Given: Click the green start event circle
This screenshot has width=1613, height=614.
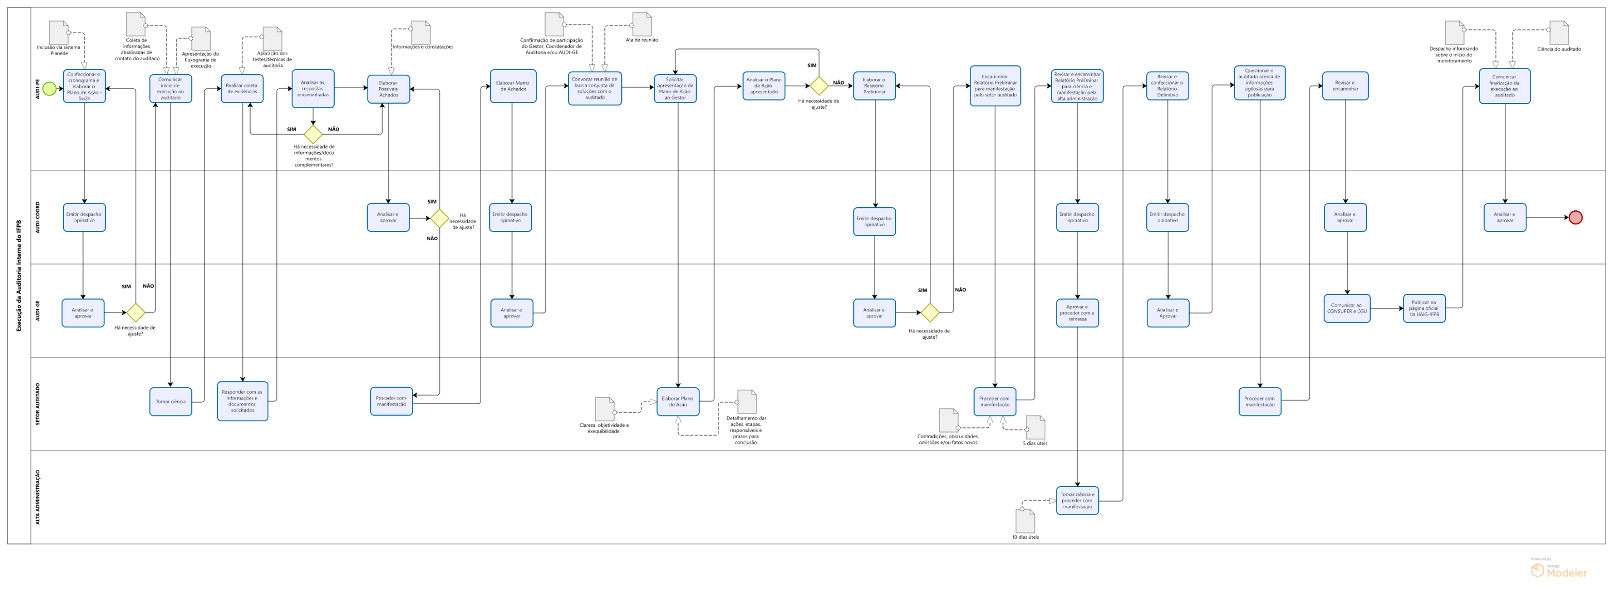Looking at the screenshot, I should click(x=50, y=89).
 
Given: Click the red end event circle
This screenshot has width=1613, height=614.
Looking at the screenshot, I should click(x=1575, y=217).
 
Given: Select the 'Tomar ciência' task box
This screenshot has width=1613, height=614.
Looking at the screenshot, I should click(x=170, y=402).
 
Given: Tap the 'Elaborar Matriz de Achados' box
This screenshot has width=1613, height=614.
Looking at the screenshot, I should click(x=512, y=87).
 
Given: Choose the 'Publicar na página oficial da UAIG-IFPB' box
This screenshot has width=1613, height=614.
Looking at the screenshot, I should click(x=1424, y=309).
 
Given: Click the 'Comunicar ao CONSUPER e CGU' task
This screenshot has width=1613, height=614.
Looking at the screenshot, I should click(x=1347, y=309).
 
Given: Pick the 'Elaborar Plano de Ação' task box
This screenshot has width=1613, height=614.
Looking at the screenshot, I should click(x=678, y=402).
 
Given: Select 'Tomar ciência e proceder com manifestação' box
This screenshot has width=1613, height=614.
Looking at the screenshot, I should click(x=1077, y=501).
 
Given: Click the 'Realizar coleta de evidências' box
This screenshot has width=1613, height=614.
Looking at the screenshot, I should click(x=242, y=89).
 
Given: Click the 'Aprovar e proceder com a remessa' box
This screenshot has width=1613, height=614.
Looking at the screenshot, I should click(x=1077, y=313).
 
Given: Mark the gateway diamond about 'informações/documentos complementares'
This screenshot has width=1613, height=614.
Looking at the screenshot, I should click(x=313, y=134).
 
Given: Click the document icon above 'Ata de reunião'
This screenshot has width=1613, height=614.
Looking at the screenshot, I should click(x=642, y=24).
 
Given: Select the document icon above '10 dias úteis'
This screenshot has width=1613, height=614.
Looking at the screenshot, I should click(x=1025, y=521).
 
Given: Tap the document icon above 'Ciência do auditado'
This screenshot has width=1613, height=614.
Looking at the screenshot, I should click(x=1558, y=32).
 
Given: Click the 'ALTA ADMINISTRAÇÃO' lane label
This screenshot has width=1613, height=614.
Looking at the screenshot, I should click(x=38, y=497).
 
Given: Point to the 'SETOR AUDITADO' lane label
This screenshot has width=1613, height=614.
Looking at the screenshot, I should click(x=38, y=404).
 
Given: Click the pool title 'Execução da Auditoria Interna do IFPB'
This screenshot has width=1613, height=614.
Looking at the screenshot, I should click(x=19, y=275).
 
